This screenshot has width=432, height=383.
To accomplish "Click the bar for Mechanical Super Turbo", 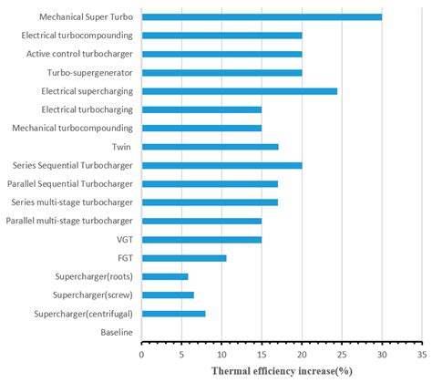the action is tap(262, 17).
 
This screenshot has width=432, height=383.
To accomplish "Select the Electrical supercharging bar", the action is tap(240, 91).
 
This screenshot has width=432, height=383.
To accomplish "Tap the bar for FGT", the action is tap(184, 258).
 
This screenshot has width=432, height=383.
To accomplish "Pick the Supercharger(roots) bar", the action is tap(165, 276).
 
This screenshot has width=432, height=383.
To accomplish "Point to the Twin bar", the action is tap(210, 147).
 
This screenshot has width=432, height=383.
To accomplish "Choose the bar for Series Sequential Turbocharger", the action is tap(221, 165).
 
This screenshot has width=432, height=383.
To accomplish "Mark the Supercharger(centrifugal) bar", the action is tap(173, 314).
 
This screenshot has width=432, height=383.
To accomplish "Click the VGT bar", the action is tap(201, 240).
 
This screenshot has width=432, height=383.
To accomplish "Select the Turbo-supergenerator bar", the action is tap(221, 73).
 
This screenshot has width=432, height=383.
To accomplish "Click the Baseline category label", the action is tap(117, 332).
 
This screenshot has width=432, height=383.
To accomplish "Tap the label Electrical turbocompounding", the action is tap(77, 36).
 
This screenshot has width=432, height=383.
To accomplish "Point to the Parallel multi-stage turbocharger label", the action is tap(69, 221).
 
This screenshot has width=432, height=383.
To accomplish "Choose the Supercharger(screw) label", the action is tap(93, 295).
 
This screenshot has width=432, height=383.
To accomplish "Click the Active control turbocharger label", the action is tap(79, 54).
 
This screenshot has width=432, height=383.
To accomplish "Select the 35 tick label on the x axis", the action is tap(422, 355).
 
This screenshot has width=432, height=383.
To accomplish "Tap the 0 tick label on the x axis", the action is tap(141, 355).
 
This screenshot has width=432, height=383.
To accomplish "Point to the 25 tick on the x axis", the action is tap(342, 343).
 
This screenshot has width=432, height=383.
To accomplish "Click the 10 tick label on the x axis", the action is tap(221, 355).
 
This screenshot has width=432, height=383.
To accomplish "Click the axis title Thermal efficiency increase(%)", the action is tap(282, 371).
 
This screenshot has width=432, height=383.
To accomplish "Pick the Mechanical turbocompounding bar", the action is tap(201, 129).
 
